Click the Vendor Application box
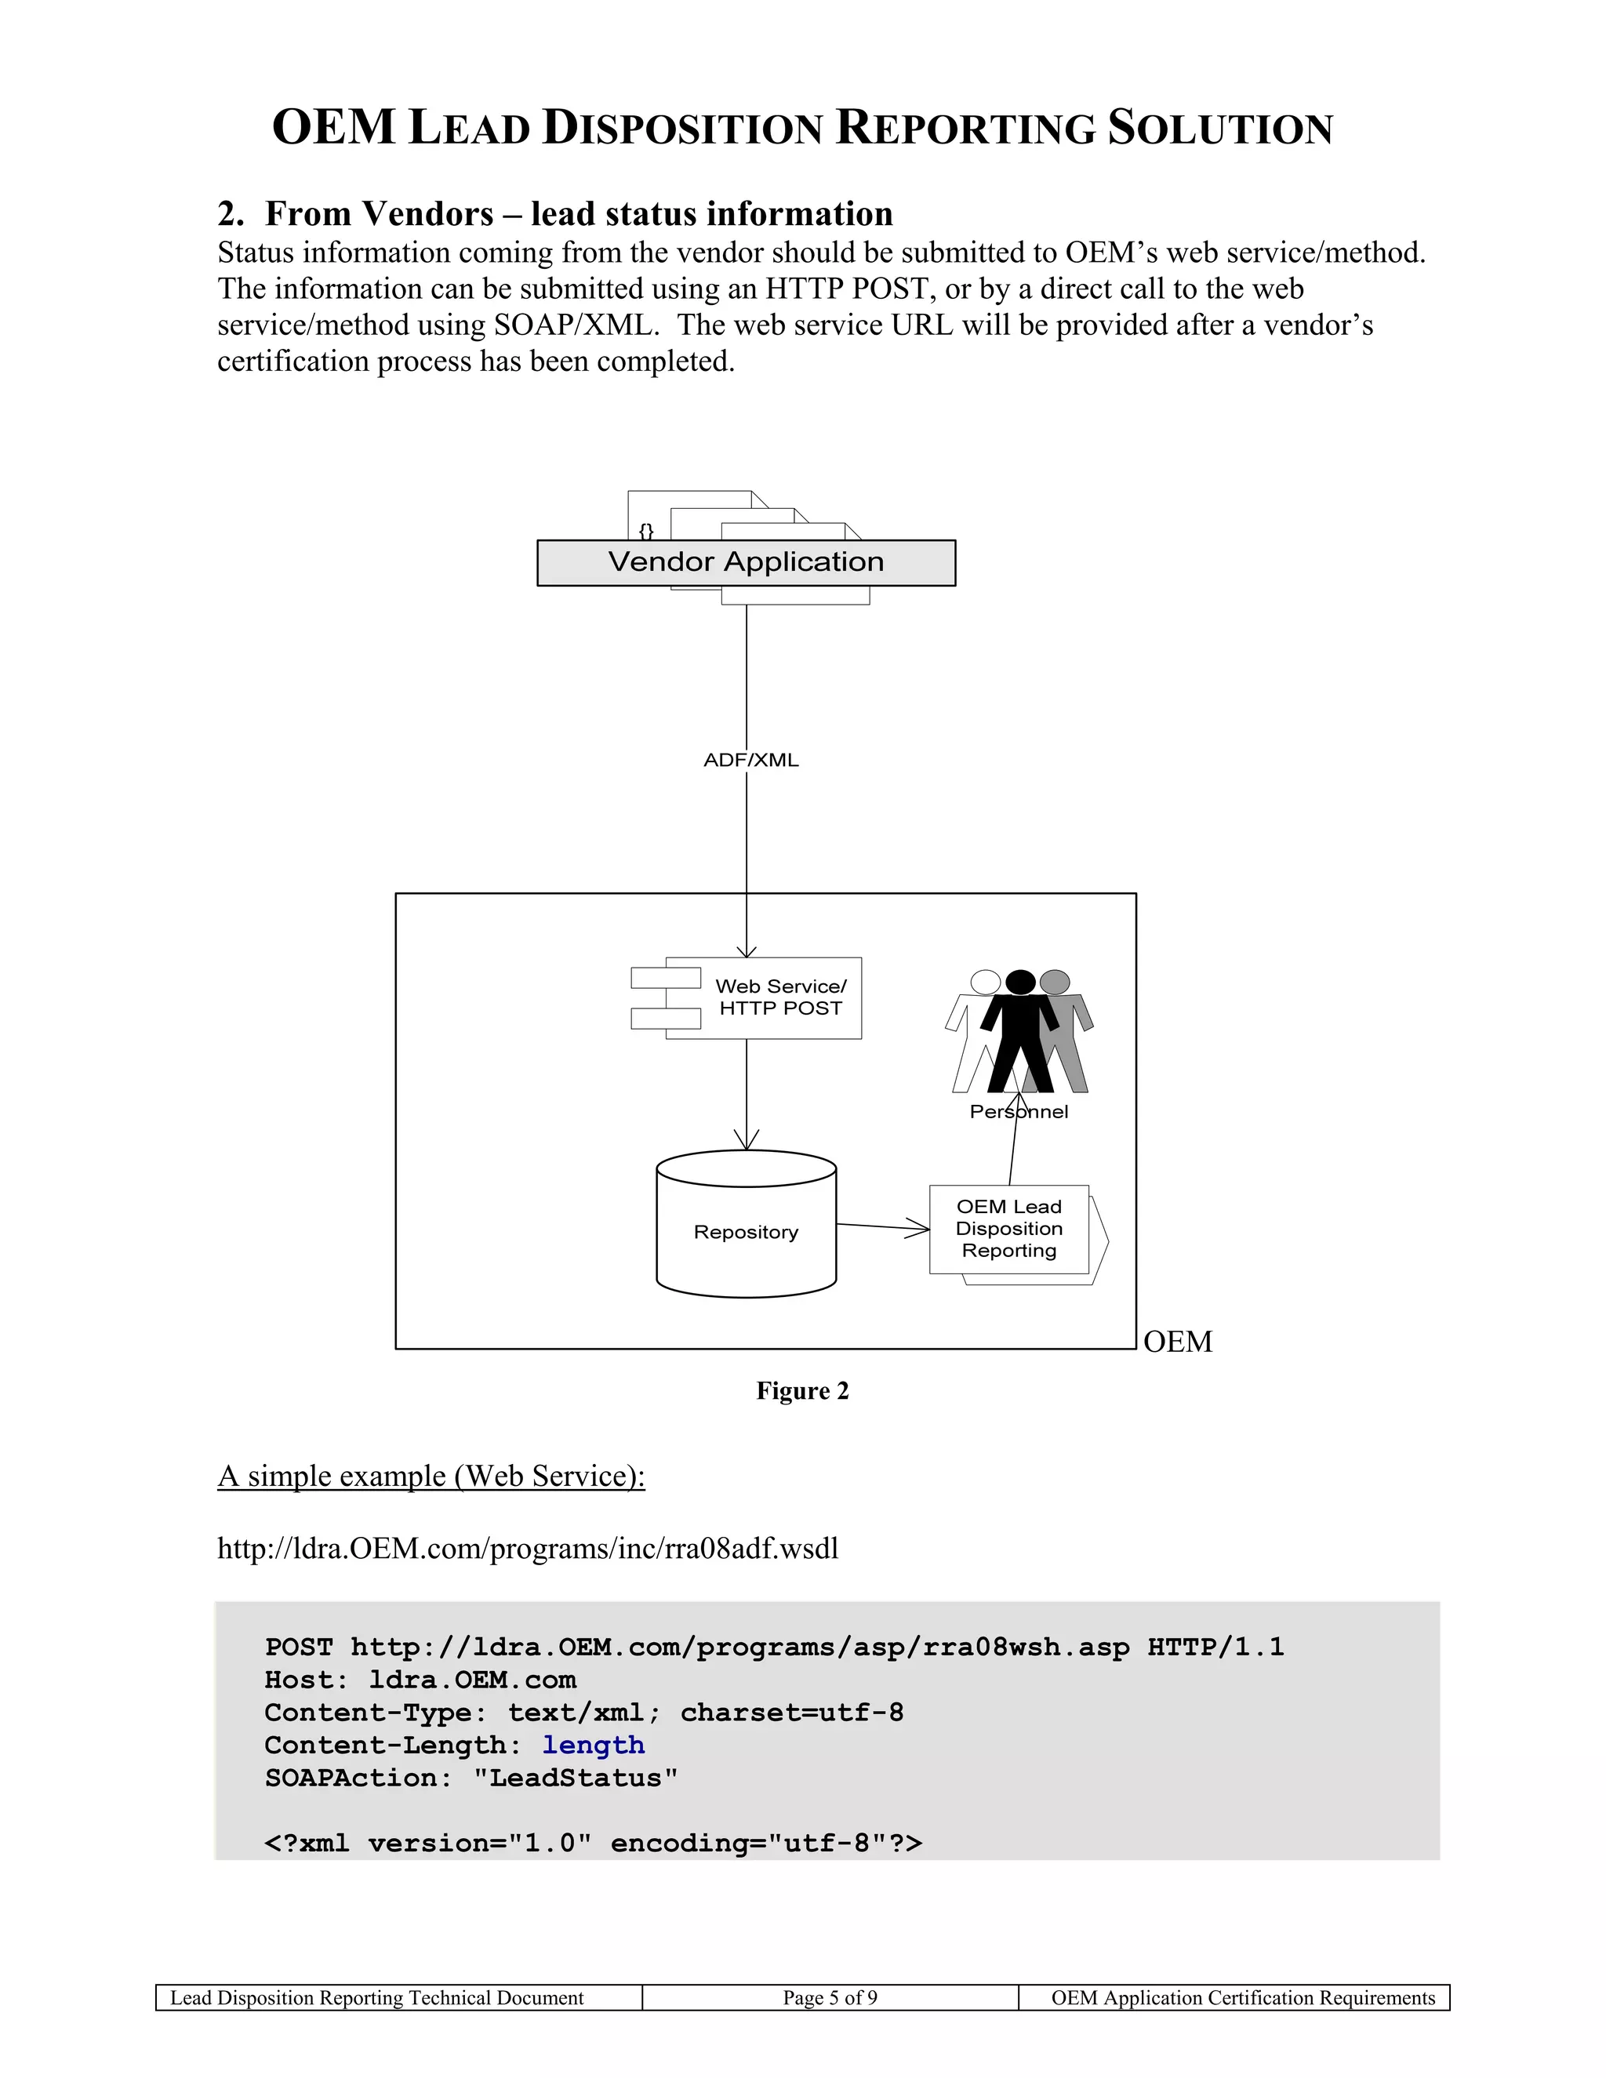tap(746, 562)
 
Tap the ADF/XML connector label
tap(750, 760)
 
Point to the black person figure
tap(1020, 1033)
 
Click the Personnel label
tap(1018, 1111)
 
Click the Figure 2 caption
tap(802, 1391)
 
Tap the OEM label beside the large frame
tap(1177, 1342)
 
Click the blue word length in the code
tap(594, 1745)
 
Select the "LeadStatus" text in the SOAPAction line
tap(576, 1778)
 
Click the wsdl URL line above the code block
tap(528, 1548)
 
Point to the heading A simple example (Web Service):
tap(431, 1476)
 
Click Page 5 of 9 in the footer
tap(830, 1997)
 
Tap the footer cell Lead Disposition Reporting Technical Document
tap(376, 1997)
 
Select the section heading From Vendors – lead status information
tap(579, 213)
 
